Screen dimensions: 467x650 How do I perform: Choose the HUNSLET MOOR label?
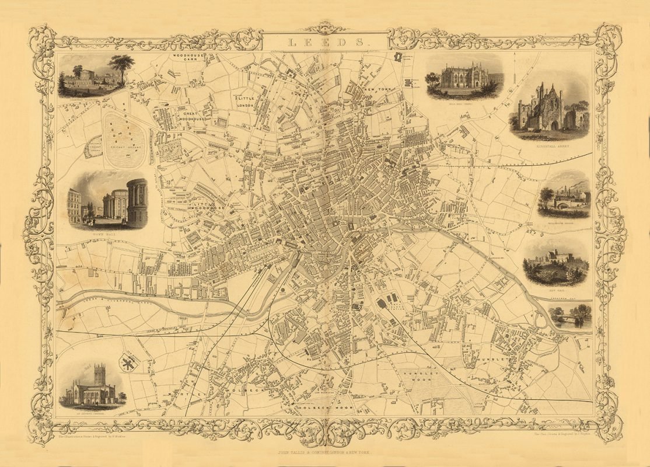tap(415, 376)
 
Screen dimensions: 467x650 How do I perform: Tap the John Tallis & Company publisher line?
tap(325, 452)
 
